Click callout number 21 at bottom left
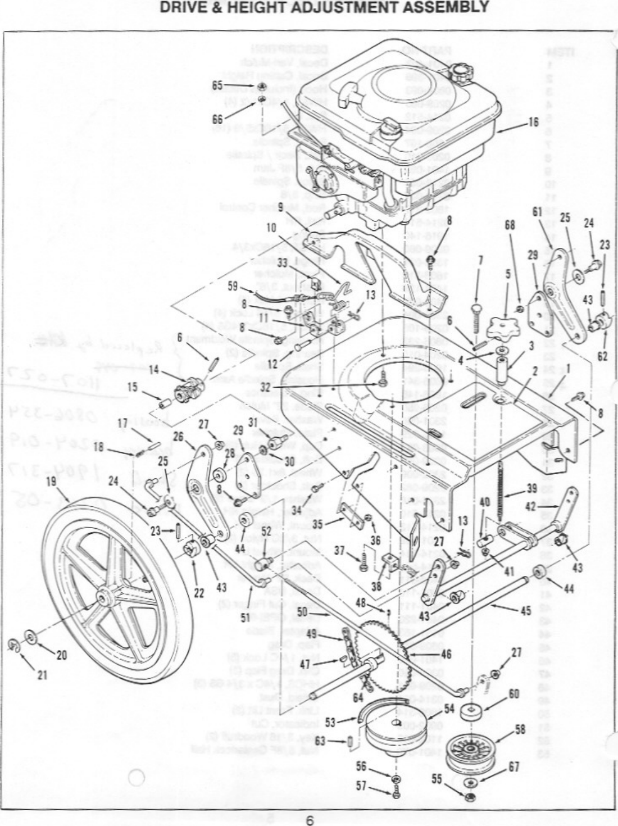41,675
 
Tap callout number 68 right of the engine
510,225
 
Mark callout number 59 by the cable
234,285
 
